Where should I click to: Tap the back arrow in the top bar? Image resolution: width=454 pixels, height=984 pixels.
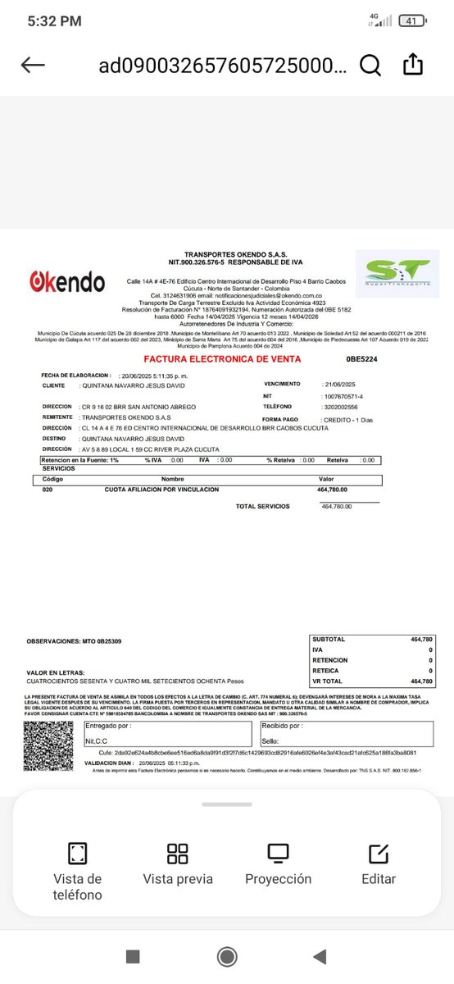point(33,66)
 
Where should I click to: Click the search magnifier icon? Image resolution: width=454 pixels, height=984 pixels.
point(370,66)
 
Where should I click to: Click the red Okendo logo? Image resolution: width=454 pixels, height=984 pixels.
point(66,283)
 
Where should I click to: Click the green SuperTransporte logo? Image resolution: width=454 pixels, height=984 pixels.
point(397,272)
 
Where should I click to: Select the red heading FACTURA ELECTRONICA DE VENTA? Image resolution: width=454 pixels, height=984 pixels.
point(222,359)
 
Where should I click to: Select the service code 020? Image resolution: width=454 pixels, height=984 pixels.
point(48,490)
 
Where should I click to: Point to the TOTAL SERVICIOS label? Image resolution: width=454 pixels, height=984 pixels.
point(262,507)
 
